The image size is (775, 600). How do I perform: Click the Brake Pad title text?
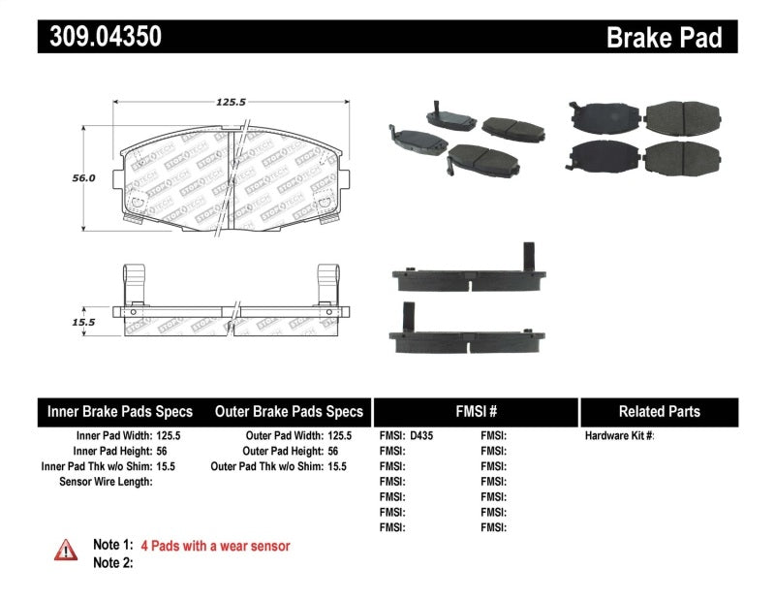tap(665, 37)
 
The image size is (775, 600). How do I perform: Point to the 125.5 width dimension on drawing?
tap(230, 100)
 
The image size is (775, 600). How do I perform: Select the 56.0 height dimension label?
tap(84, 178)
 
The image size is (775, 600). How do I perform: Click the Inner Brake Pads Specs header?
tap(120, 411)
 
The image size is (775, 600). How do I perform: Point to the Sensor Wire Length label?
tap(106, 481)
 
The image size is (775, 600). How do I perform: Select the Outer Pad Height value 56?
tap(334, 451)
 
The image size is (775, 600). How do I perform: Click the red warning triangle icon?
tap(66, 550)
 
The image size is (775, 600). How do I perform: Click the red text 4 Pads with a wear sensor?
tap(215, 546)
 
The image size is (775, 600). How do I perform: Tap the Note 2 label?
tap(112, 562)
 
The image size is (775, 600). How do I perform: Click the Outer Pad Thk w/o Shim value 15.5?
tap(336, 466)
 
